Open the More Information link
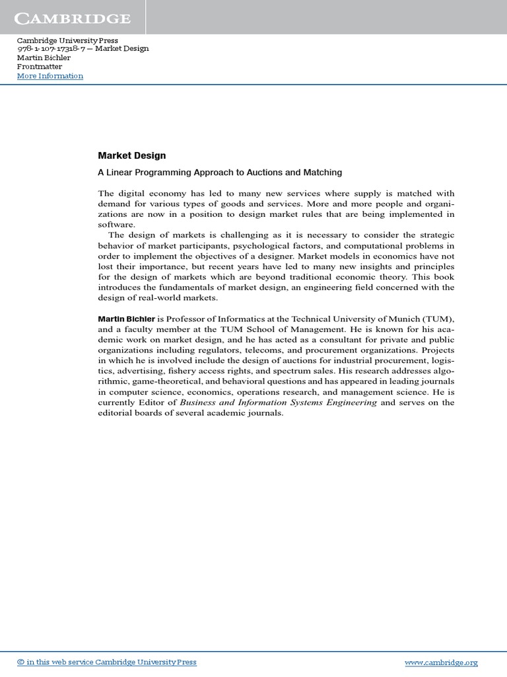point(50,76)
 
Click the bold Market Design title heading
point(132,156)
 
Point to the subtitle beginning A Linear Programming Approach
point(220,173)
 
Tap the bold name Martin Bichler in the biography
point(127,319)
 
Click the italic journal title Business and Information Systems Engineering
point(279,403)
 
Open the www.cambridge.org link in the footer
point(440,662)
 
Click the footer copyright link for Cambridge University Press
point(106,662)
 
